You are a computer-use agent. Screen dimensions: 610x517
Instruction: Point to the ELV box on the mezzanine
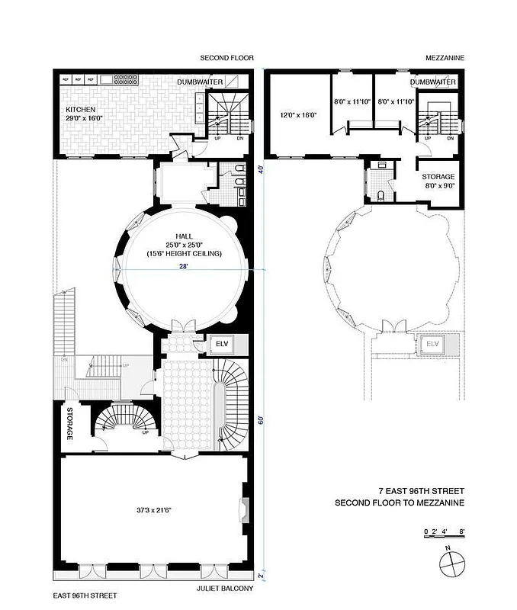[x=433, y=344]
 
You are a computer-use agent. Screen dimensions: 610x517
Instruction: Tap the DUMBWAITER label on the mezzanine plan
[x=432, y=82]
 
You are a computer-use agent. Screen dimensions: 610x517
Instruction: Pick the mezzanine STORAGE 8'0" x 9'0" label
[x=438, y=180]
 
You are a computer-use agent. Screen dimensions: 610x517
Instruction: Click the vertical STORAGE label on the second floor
[x=69, y=423]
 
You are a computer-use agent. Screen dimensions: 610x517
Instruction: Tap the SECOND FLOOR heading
[x=226, y=58]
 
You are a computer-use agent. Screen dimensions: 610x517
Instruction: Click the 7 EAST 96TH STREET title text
[x=420, y=491]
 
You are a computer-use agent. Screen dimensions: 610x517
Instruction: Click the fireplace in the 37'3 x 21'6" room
[x=245, y=508]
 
